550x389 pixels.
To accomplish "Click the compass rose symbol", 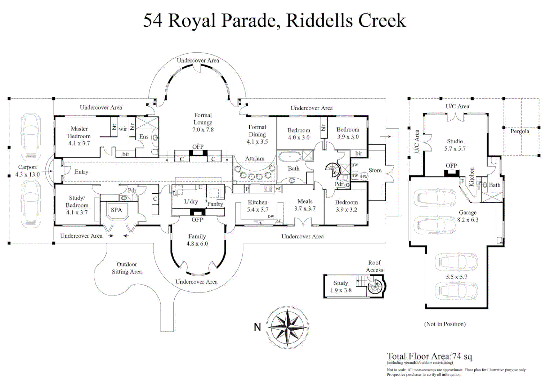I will [287, 327].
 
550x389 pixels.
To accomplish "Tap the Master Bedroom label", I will [79, 132].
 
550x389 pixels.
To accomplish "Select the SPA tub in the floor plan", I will [116, 210].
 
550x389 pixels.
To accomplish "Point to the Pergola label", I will [519, 131].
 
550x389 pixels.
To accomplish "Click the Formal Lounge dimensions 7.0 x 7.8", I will [203, 130].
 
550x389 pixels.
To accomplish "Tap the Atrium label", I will [255, 158].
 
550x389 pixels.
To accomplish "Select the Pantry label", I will [215, 204].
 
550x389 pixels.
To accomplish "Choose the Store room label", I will [375, 170].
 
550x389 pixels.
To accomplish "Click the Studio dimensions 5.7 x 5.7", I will [455, 148].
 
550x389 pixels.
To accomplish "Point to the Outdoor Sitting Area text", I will [127, 268].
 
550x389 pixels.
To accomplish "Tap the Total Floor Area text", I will [429, 356].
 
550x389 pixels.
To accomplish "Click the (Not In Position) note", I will [444, 324].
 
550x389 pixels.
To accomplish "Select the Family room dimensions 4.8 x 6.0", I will [197, 243].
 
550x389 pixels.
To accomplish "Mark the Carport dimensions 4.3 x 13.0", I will [27, 174].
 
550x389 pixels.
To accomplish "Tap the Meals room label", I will [305, 201].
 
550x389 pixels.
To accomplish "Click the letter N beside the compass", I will [257, 327].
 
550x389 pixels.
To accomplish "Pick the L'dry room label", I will [191, 201].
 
